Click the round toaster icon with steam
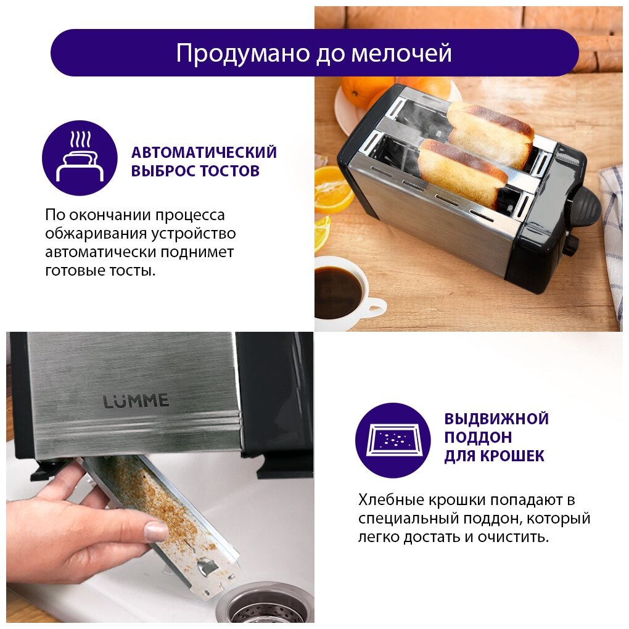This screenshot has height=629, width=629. (80, 158)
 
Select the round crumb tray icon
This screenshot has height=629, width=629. (393, 440)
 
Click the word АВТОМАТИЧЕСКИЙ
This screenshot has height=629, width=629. (203, 152)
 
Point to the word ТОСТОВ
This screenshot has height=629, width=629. (230, 171)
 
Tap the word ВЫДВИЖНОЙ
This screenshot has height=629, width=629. (496, 419)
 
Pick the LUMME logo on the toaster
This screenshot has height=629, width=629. (136, 401)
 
